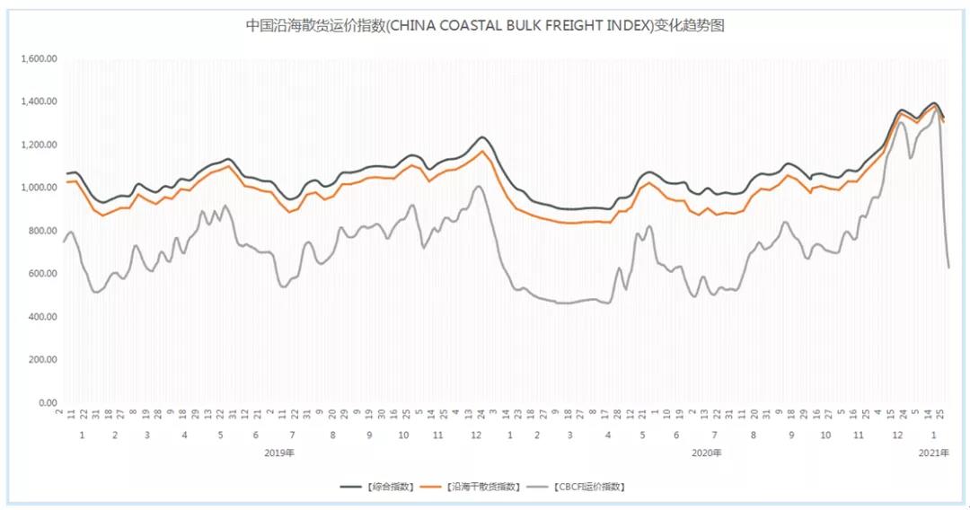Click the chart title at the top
click(485, 26)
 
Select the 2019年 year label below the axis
click(279, 453)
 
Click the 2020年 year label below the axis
click(707, 453)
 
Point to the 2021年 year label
click(934, 453)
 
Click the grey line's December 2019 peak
click(479, 186)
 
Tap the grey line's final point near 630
click(949, 268)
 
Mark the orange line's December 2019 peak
click(482, 151)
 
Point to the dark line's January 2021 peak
click(934, 103)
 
